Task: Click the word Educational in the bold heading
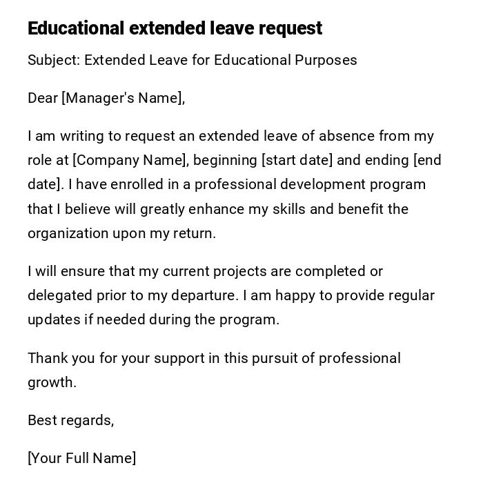pyautogui.click(x=76, y=28)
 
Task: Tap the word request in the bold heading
pyautogui.click(x=290, y=28)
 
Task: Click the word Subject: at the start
pyautogui.click(x=54, y=60)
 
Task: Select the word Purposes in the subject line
pyautogui.click(x=326, y=60)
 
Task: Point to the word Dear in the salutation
pyautogui.click(x=43, y=98)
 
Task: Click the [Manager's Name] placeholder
pyautogui.click(x=123, y=98)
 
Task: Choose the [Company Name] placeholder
pyautogui.click(x=130, y=160)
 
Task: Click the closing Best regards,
pyautogui.click(x=70, y=420)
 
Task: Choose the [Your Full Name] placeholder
pyautogui.click(x=81, y=458)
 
